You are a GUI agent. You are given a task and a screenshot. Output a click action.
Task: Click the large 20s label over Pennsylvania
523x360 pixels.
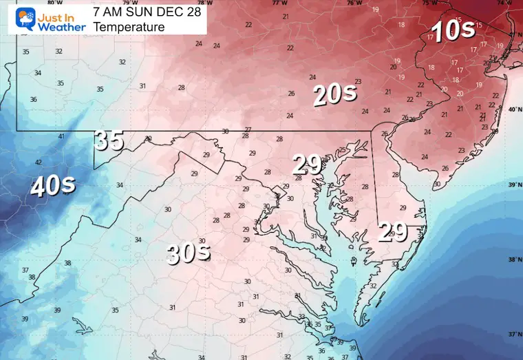tap(334, 94)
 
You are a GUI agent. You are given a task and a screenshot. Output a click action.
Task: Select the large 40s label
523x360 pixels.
tap(52, 187)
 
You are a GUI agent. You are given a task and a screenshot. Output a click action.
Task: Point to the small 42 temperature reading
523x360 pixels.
tap(38, 162)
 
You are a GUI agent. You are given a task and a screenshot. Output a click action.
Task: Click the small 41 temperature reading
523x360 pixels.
tap(61, 136)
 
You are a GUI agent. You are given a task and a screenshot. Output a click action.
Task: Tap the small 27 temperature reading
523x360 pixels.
tap(248, 129)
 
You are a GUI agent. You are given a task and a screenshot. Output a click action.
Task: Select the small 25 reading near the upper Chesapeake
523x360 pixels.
tap(342, 150)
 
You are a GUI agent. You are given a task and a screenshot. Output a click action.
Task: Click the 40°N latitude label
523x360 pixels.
tap(514, 109)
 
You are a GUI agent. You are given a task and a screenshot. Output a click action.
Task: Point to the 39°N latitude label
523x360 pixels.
tap(514, 184)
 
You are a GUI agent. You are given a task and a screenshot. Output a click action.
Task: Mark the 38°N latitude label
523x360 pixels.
tap(514, 260)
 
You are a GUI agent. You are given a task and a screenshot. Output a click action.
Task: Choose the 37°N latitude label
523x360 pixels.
tap(514, 334)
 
